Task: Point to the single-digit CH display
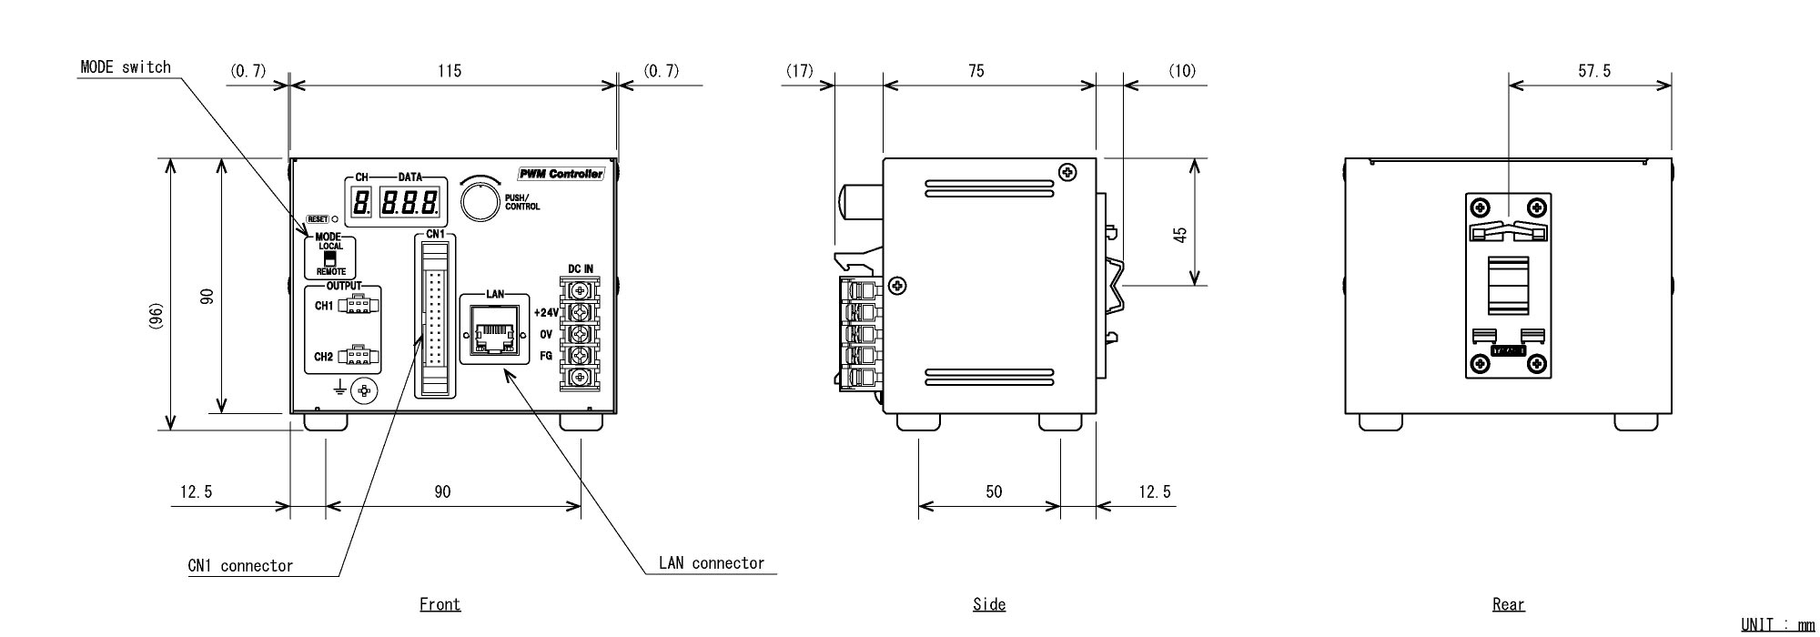pos(360,201)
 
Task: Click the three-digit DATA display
pos(411,201)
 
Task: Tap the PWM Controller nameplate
pos(561,174)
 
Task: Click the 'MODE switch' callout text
pos(126,67)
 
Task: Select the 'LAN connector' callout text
pos(712,563)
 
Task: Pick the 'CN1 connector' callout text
pos(240,566)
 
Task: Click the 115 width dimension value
pos(450,70)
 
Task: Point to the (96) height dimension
pos(156,316)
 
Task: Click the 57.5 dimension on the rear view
pos(1593,70)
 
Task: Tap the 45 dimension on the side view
pos(1179,235)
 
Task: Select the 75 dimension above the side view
pos(976,70)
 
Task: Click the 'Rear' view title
pos(1508,604)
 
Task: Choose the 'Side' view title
pos(988,604)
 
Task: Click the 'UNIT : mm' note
pos(1776,624)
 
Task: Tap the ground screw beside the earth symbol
pos(366,390)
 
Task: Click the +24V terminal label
pos(545,312)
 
